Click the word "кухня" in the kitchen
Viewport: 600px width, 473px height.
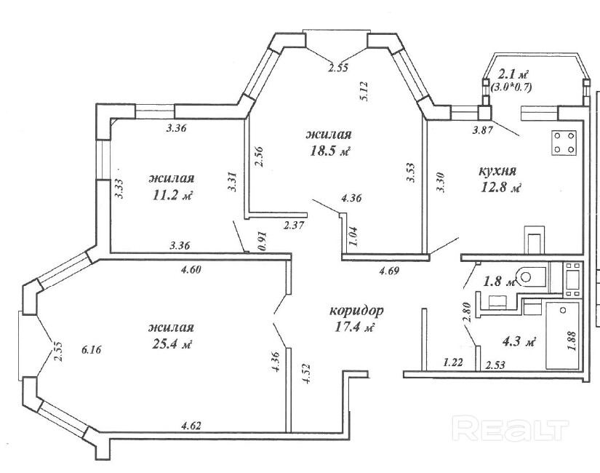click(x=497, y=170)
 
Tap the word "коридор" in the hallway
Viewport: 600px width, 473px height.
click(x=356, y=310)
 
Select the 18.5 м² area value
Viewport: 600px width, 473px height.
click(x=330, y=151)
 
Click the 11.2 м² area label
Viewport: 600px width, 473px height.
click(x=172, y=195)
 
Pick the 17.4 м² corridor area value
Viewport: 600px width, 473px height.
click(x=354, y=327)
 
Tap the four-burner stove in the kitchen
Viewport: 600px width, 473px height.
click(x=564, y=143)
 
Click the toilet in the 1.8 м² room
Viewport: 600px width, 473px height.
click(x=532, y=277)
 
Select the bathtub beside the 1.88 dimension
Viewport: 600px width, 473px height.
click(x=562, y=335)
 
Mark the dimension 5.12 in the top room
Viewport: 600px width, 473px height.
click(x=364, y=91)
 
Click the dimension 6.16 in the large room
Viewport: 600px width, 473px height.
click(x=92, y=349)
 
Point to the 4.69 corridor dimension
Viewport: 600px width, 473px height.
click(x=389, y=271)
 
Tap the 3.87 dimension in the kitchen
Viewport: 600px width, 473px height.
click(x=482, y=130)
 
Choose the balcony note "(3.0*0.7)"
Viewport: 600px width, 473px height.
click(x=511, y=87)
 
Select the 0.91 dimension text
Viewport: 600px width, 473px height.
click(x=263, y=242)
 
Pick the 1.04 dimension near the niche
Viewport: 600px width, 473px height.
click(x=353, y=236)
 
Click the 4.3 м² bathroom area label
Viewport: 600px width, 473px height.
click(x=519, y=342)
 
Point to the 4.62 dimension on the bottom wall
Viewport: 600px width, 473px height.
click(x=191, y=426)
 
